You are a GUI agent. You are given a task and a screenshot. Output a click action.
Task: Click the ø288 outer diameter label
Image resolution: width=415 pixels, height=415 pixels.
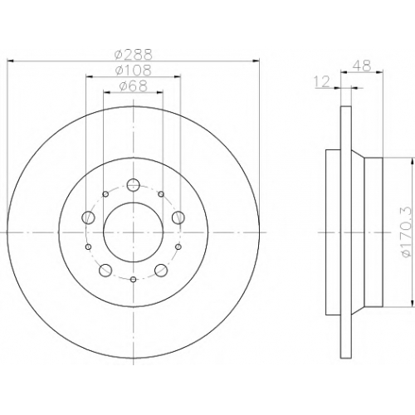tap(134, 55)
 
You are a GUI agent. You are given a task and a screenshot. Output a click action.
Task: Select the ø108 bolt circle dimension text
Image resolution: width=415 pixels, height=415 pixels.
tap(134, 70)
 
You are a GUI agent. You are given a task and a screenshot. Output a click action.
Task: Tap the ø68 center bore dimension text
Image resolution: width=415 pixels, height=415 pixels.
tap(133, 86)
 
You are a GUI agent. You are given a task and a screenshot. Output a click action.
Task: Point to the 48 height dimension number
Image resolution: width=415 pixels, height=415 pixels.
tap(362, 66)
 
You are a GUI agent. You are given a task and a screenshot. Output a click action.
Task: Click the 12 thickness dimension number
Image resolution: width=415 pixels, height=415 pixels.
tap(323, 81)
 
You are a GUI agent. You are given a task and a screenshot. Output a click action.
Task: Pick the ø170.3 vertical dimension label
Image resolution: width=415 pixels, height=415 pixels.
tap(407, 232)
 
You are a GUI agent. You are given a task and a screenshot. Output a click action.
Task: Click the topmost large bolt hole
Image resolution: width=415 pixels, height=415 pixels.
tap(134, 184)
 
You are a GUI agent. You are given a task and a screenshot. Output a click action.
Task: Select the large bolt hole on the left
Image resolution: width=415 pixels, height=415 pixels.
tap(89, 217)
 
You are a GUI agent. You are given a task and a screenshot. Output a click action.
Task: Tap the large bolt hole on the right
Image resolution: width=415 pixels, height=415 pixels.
tap(178, 217)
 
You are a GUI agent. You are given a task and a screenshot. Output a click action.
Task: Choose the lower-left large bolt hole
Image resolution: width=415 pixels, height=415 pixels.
tap(105, 270)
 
